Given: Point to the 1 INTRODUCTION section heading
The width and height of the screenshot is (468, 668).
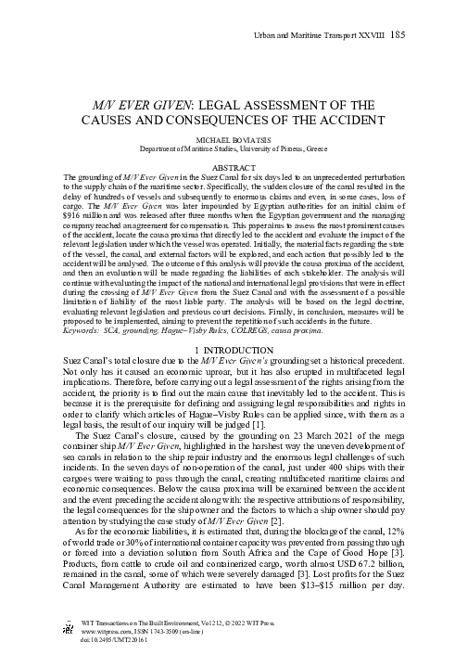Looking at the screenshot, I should point(234,347).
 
